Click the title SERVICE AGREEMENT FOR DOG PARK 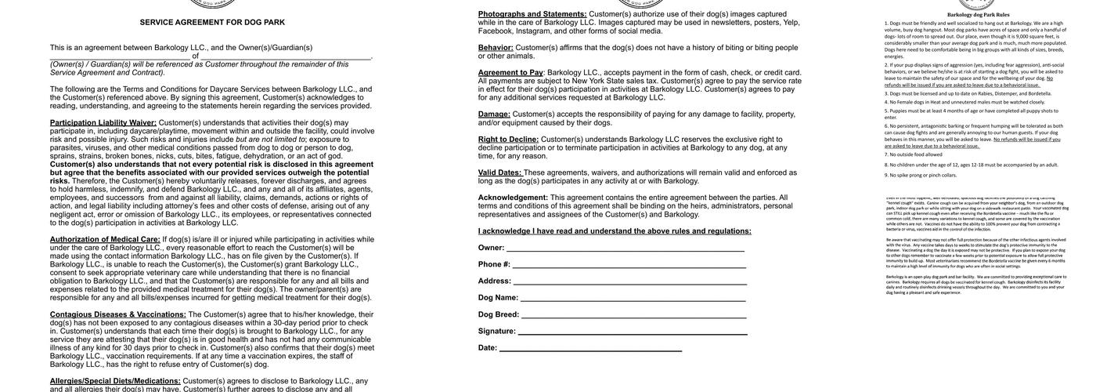[212, 22]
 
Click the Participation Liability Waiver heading [103, 122]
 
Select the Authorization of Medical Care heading [105, 239]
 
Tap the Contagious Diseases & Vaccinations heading [118, 314]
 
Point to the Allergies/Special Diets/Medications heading [115, 381]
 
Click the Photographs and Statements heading [532, 13]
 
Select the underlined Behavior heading [496, 47]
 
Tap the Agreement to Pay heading [510, 72]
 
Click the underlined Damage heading [494, 114]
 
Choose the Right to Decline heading [508, 139]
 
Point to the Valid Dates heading [499, 172]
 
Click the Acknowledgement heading [513, 198]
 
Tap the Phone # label [494, 264]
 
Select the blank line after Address [629, 282]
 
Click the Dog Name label [498, 298]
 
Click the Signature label [497, 331]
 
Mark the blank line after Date [590, 349]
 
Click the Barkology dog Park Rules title [978, 14]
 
